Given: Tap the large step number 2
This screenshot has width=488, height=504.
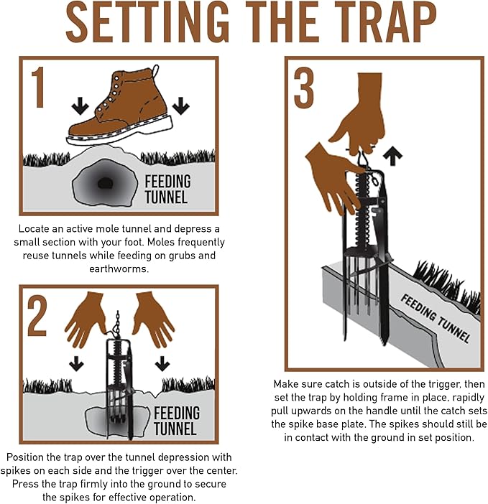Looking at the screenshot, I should pos(38,316).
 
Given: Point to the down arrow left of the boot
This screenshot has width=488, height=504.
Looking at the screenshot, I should pos(80,106).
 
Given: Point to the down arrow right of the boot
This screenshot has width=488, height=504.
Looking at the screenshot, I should pos(180,106).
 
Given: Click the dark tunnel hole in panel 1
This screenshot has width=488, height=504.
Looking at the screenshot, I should pos(105,182).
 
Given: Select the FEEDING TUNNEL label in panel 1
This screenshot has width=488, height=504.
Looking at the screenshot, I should pos(167,188).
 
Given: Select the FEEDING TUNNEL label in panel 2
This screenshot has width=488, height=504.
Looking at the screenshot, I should pos(176,421).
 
